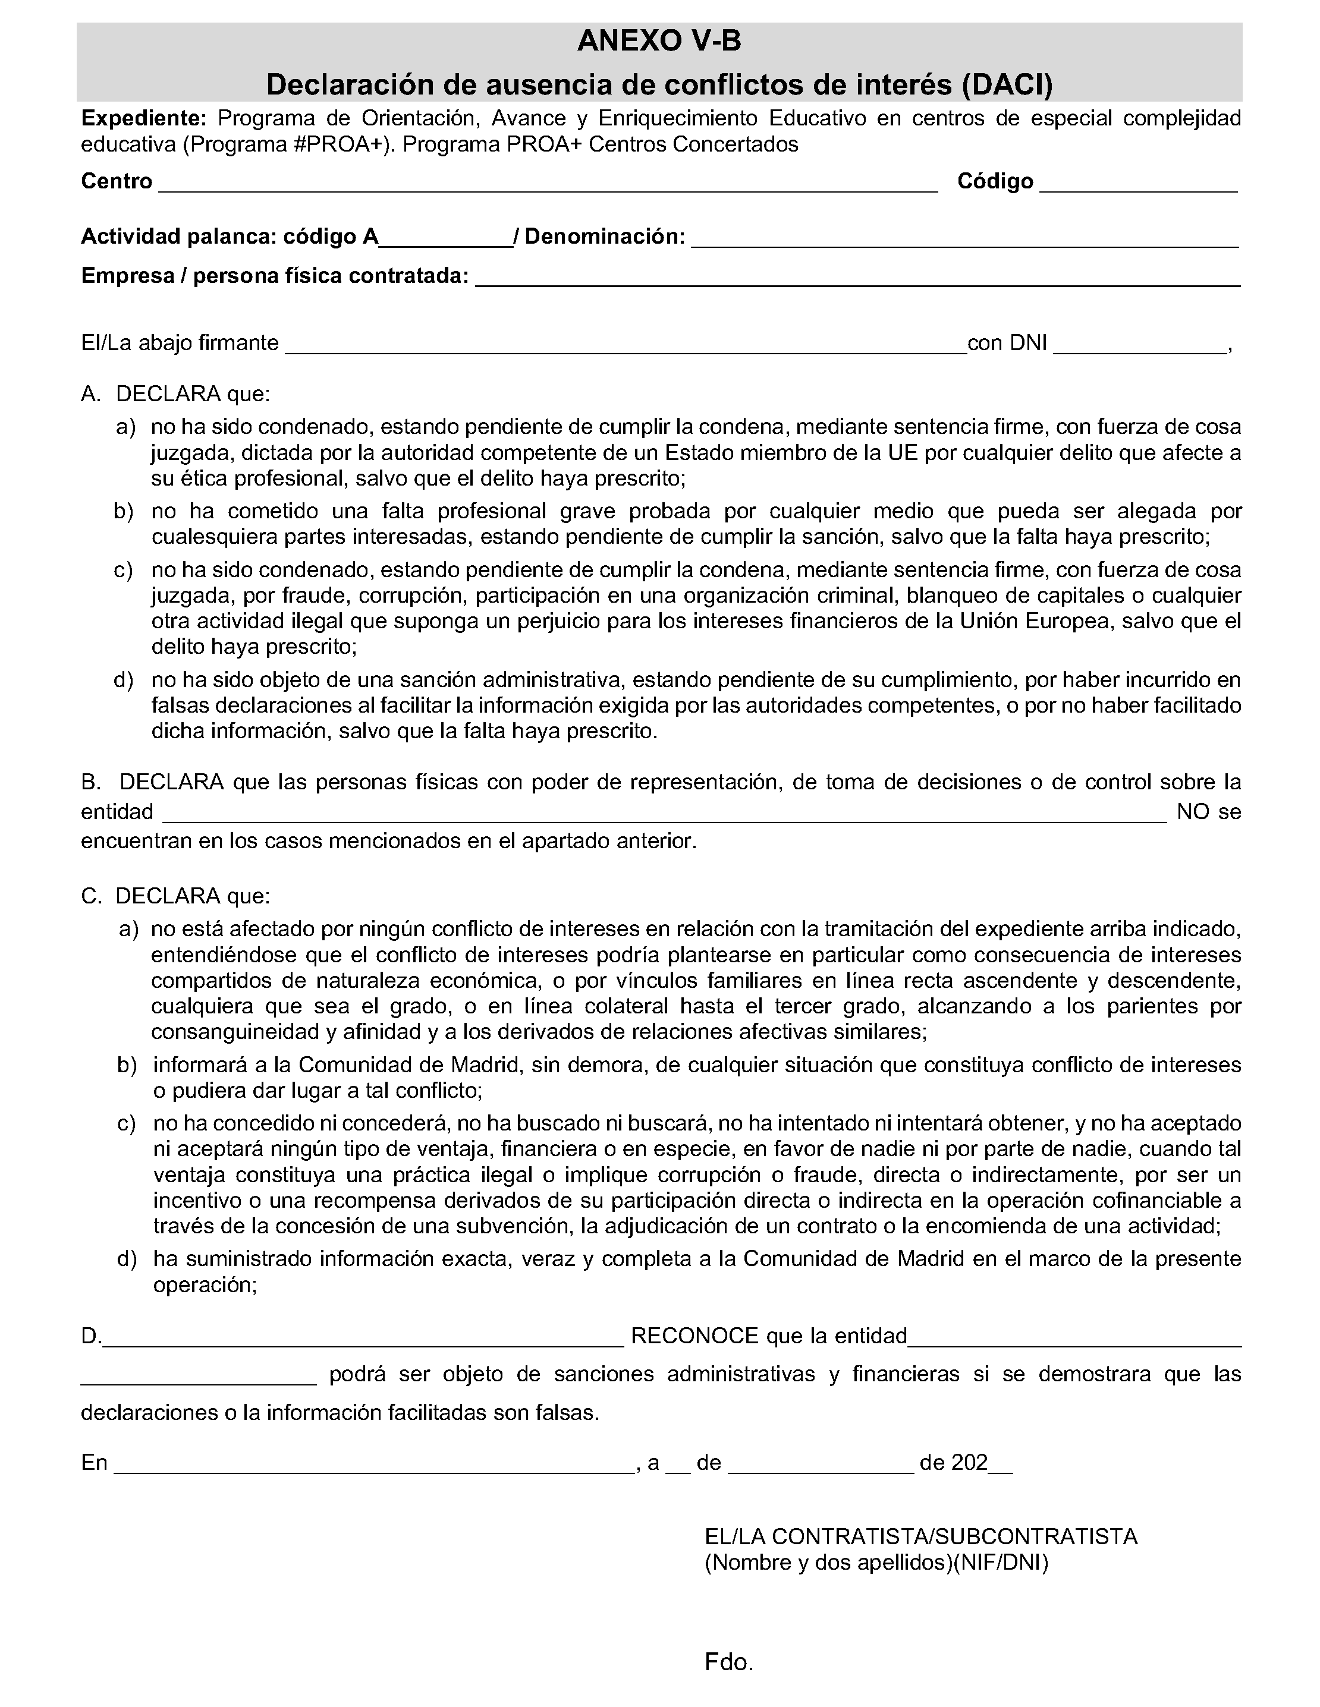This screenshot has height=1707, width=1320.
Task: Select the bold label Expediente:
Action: point(143,119)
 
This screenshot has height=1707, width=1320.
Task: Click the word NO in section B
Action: point(1193,812)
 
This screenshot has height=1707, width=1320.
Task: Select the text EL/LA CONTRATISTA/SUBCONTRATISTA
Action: point(920,1536)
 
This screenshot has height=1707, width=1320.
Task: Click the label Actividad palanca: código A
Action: point(229,236)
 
